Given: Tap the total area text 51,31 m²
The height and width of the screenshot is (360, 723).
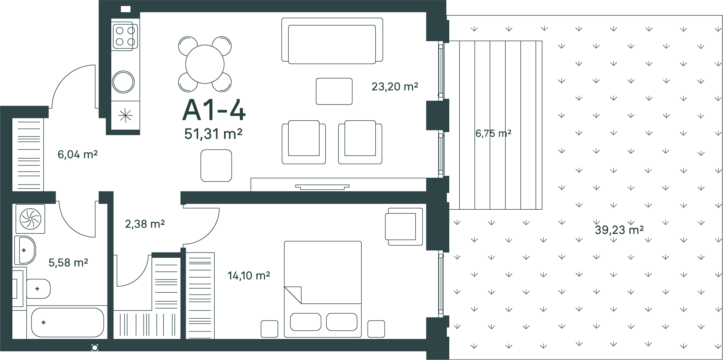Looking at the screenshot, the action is pos(213,133).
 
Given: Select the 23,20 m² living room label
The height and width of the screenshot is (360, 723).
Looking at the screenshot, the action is pos(395,87).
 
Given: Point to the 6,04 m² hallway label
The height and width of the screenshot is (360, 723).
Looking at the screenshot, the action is pos(77,154).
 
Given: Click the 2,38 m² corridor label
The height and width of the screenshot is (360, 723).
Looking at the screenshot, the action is pos(145,224).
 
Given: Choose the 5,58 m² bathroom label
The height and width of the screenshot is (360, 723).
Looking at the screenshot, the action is pos(68,262).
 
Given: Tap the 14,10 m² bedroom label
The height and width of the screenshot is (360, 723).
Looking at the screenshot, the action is pos(249,276).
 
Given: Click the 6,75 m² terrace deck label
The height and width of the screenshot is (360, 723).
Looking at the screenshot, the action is pos(493,133).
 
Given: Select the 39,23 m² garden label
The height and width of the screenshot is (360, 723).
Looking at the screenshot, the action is pos(619,230).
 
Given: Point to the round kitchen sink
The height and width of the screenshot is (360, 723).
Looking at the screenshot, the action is pos(123,82).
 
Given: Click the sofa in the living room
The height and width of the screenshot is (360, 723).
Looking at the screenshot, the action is pos(332,40).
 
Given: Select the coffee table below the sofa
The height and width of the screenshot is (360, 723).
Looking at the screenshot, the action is pos(334,91).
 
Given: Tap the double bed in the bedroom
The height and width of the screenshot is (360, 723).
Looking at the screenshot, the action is pos(323,289).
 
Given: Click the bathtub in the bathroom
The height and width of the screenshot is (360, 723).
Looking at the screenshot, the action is pos(68,323).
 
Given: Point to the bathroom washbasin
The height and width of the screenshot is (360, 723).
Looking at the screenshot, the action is pos(25,250).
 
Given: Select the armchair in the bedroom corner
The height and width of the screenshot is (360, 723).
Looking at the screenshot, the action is pos(404,227).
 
